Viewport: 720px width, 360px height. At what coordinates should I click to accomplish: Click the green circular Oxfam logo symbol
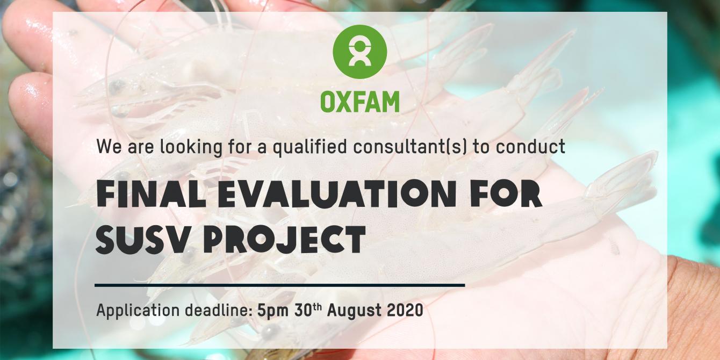tap(359, 52)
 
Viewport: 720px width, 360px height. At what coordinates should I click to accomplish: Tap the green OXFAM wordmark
tap(359, 102)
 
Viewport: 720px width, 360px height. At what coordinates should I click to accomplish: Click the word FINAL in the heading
tap(151, 194)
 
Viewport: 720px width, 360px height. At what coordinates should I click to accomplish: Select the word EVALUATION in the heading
tap(337, 194)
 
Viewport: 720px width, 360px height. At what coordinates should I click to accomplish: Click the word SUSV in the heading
tap(141, 239)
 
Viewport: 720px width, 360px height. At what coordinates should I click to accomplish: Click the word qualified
tap(310, 147)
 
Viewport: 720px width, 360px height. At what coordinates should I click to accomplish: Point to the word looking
tap(191, 147)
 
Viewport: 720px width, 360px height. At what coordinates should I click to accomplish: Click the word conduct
tap(530, 147)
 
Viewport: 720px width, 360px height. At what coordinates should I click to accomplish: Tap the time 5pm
tap(272, 311)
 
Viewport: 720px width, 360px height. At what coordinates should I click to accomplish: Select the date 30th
tap(308, 309)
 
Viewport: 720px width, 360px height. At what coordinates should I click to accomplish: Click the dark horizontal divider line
tap(280, 285)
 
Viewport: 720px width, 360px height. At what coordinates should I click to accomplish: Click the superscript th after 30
tap(317, 306)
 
